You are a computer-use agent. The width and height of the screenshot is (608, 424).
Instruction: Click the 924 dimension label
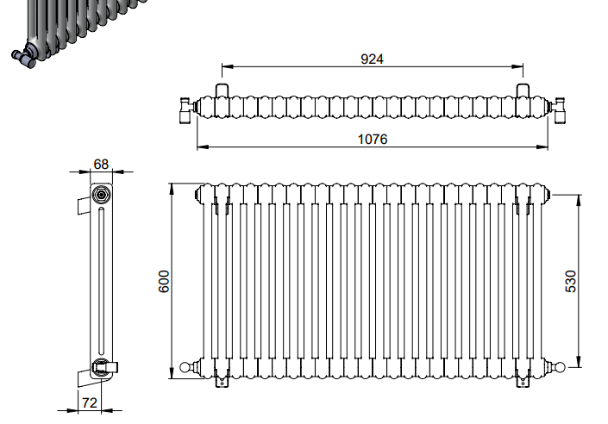[372, 59]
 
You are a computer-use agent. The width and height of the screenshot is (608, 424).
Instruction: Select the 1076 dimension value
[373, 139]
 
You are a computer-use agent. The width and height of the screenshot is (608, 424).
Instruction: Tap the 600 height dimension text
[164, 282]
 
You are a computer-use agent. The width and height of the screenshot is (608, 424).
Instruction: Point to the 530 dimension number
[571, 282]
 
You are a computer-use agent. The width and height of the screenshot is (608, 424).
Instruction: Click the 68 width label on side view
[101, 165]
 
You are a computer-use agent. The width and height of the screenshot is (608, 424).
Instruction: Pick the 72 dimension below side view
[90, 403]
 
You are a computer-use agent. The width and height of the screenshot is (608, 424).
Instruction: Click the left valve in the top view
[188, 110]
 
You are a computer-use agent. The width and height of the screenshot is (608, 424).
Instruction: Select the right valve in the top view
[558, 110]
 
